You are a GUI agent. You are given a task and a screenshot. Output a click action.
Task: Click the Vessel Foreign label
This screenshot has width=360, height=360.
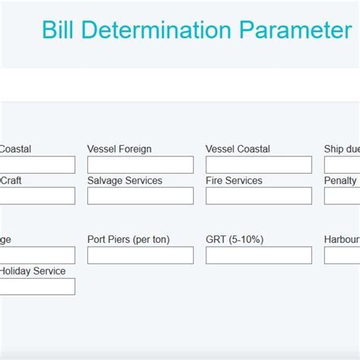coord(119,149)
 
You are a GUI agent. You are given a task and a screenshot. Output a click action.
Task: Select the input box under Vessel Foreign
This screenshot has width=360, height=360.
coord(141,165)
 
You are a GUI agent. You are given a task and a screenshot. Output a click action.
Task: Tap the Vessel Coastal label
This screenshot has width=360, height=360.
coord(238,149)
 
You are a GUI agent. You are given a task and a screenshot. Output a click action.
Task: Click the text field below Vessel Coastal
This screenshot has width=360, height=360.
coord(258,165)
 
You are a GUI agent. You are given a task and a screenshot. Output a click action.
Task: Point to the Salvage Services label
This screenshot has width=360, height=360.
coord(125,181)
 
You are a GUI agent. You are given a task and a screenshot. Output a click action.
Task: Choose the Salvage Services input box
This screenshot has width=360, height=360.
coord(141,196)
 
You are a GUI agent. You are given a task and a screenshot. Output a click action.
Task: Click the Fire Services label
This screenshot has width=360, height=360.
coord(234,181)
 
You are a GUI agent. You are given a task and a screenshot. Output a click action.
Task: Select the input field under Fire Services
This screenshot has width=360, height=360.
coord(258,196)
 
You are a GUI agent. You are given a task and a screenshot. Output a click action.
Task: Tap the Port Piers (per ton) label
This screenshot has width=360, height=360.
coord(128,239)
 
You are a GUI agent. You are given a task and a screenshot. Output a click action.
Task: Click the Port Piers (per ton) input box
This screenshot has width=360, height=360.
coord(141,255)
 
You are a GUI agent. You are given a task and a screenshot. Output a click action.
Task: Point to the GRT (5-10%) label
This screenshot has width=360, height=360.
coord(235,239)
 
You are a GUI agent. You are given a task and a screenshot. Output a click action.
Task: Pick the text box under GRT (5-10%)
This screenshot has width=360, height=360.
coord(258,255)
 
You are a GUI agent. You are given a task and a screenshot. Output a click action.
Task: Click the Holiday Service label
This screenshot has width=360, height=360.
coord(32,271)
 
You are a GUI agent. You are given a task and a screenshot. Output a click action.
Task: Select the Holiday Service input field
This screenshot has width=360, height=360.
coord(37,286)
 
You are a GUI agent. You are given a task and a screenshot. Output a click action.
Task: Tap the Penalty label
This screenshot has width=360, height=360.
coord(340,181)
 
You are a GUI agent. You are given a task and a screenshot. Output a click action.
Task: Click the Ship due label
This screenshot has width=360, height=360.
coord(342,149)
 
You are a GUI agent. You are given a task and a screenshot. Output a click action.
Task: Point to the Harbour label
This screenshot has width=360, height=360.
coord(342,239)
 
